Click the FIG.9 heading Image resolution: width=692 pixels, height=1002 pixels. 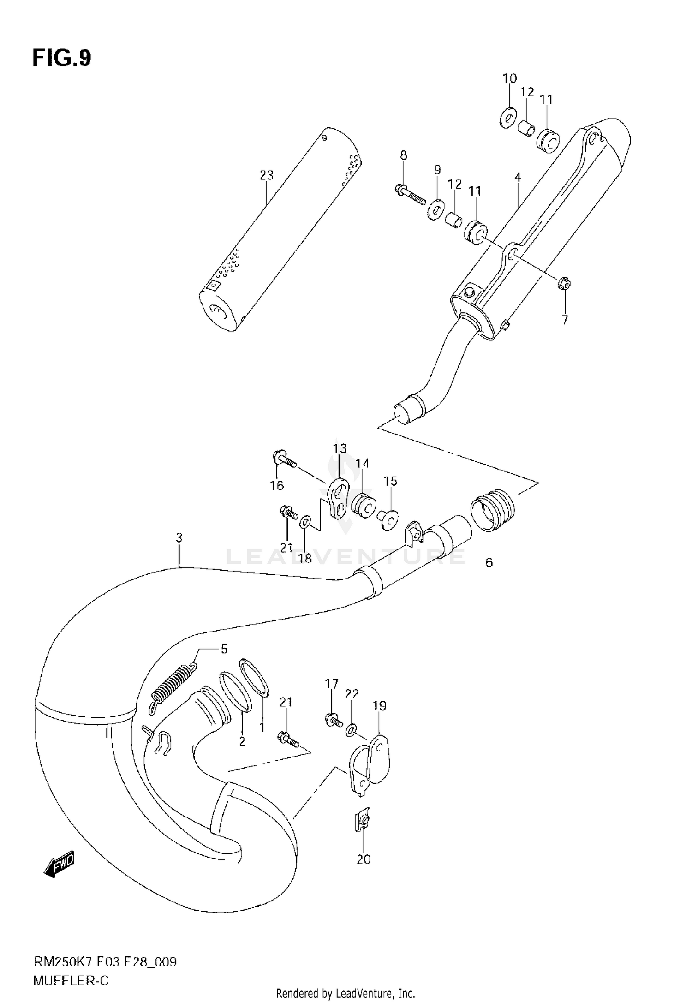click(x=62, y=59)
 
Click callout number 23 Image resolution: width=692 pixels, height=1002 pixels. click(x=266, y=175)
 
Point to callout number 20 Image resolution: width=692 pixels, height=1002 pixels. click(x=364, y=859)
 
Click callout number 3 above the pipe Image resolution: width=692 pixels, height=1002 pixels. click(x=179, y=537)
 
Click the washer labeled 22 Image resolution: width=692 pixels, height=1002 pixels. click(x=351, y=729)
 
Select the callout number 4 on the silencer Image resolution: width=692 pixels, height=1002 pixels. click(x=518, y=177)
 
